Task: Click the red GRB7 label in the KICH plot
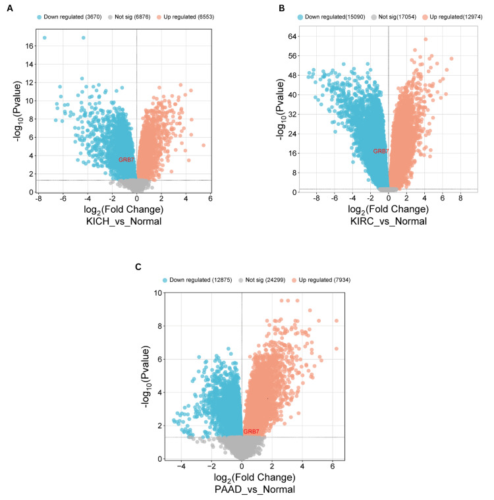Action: click(125, 160)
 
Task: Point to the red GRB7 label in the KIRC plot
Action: click(380, 151)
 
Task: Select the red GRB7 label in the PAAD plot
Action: click(250, 431)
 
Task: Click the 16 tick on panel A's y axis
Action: click(22, 46)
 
